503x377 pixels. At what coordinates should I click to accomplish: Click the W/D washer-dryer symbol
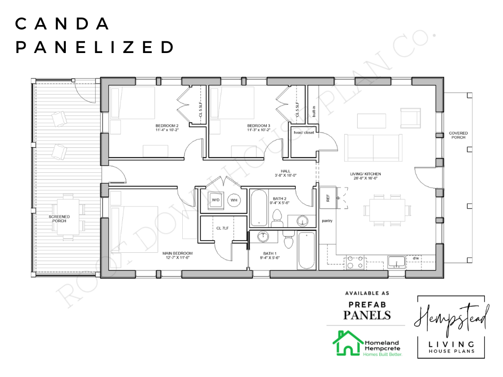[x=216, y=200]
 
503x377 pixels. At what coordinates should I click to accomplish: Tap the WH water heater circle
[x=234, y=200]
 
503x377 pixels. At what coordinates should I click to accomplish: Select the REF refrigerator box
[x=328, y=198]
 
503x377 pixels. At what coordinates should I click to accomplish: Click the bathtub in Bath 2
[x=259, y=208]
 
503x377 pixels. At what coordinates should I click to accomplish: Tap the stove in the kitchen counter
[x=356, y=262]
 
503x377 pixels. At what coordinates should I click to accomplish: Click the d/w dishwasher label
[x=416, y=258]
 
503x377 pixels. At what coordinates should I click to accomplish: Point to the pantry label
[x=327, y=221]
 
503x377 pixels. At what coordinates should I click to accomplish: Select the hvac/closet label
[x=304, y=133]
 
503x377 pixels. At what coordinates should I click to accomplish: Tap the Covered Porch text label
[x=458, y=135]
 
